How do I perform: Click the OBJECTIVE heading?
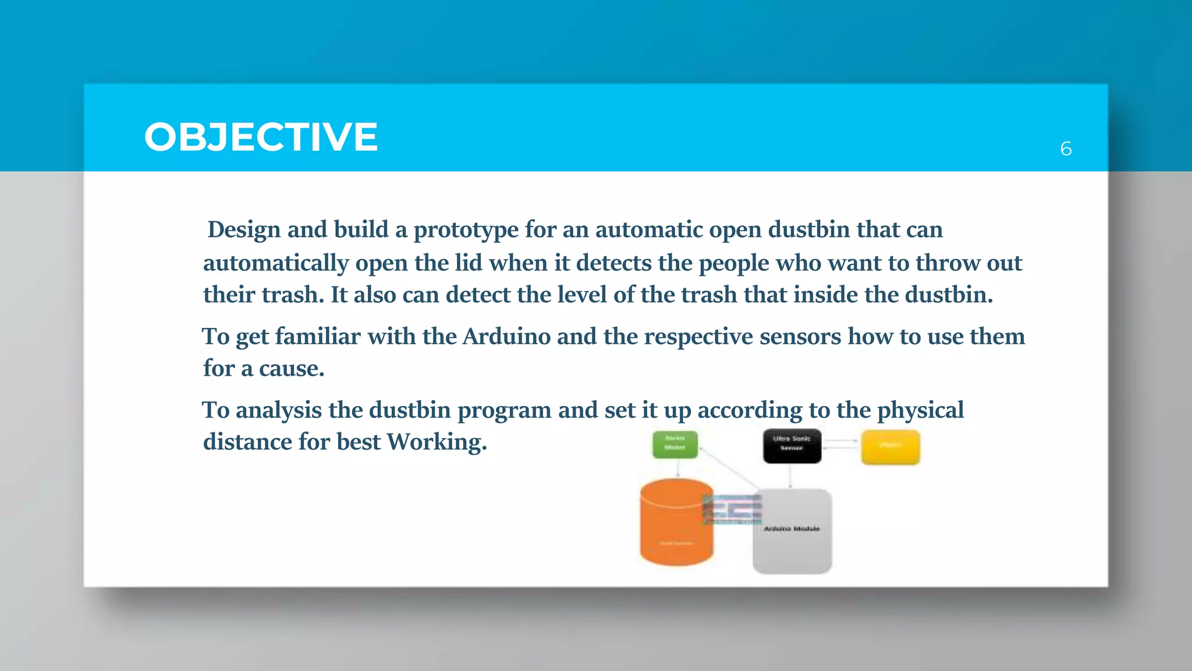click(x=261, y=137)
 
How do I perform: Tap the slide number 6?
click(x=1066, y=149)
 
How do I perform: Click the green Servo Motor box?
click(x=675, y=444)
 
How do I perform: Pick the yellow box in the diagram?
click(x=890, y=447)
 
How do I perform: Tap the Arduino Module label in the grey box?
click(x=792, y=529)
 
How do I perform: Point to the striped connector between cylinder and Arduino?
click(x=732, y=508)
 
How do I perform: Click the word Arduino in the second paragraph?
click(x=506, y=337)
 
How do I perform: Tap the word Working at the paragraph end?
click(x=437, y=442)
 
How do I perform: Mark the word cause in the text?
click(x=291, y=369)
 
